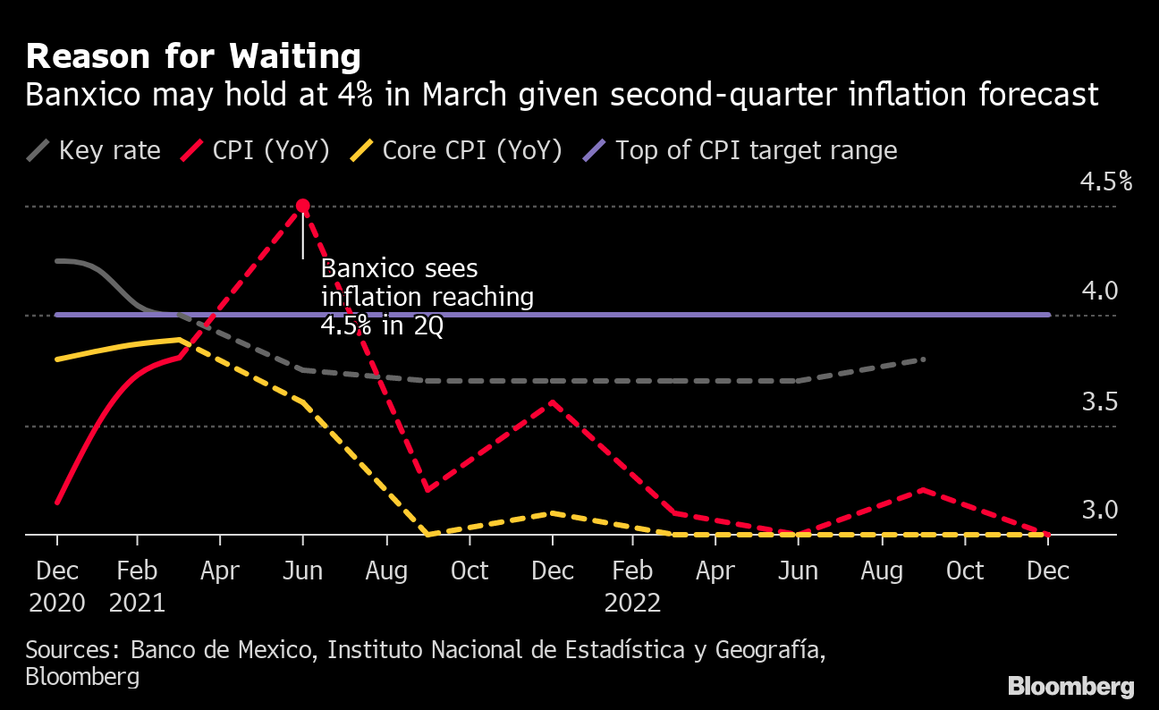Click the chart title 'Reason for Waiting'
(193, 57)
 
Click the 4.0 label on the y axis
(1100, 292)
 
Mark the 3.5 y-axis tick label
(1100, 401)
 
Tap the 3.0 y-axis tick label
(1100, 511)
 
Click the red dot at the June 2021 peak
(303, 207)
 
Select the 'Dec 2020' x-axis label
(57, 586)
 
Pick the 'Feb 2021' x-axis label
(137, 586)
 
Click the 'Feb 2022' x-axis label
(632, 586)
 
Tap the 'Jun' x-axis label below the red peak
(303, 571)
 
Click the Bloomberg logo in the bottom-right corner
(1070, 687)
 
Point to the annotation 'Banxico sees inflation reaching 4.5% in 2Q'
(427, 297)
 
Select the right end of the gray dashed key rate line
(923, 359)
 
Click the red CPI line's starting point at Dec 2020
(57, 503)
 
